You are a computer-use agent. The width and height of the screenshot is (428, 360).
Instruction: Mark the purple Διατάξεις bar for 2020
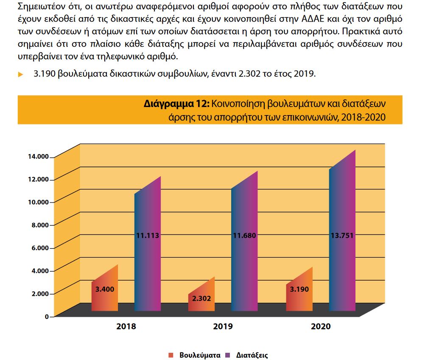click(342, 255)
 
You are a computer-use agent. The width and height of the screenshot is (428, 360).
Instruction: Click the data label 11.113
click(147, 235)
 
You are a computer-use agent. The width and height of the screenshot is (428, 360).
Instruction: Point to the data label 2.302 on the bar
click(201, 298)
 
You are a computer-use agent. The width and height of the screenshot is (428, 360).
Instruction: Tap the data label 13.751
click(342, 235)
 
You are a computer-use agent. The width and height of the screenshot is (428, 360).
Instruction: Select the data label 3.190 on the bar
click(299, 289)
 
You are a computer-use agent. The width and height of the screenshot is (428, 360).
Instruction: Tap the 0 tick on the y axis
click(47, 316)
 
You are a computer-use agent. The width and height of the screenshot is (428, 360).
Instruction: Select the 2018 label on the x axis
click(126, 327)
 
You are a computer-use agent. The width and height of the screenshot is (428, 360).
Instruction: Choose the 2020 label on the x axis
click(321, 327)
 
